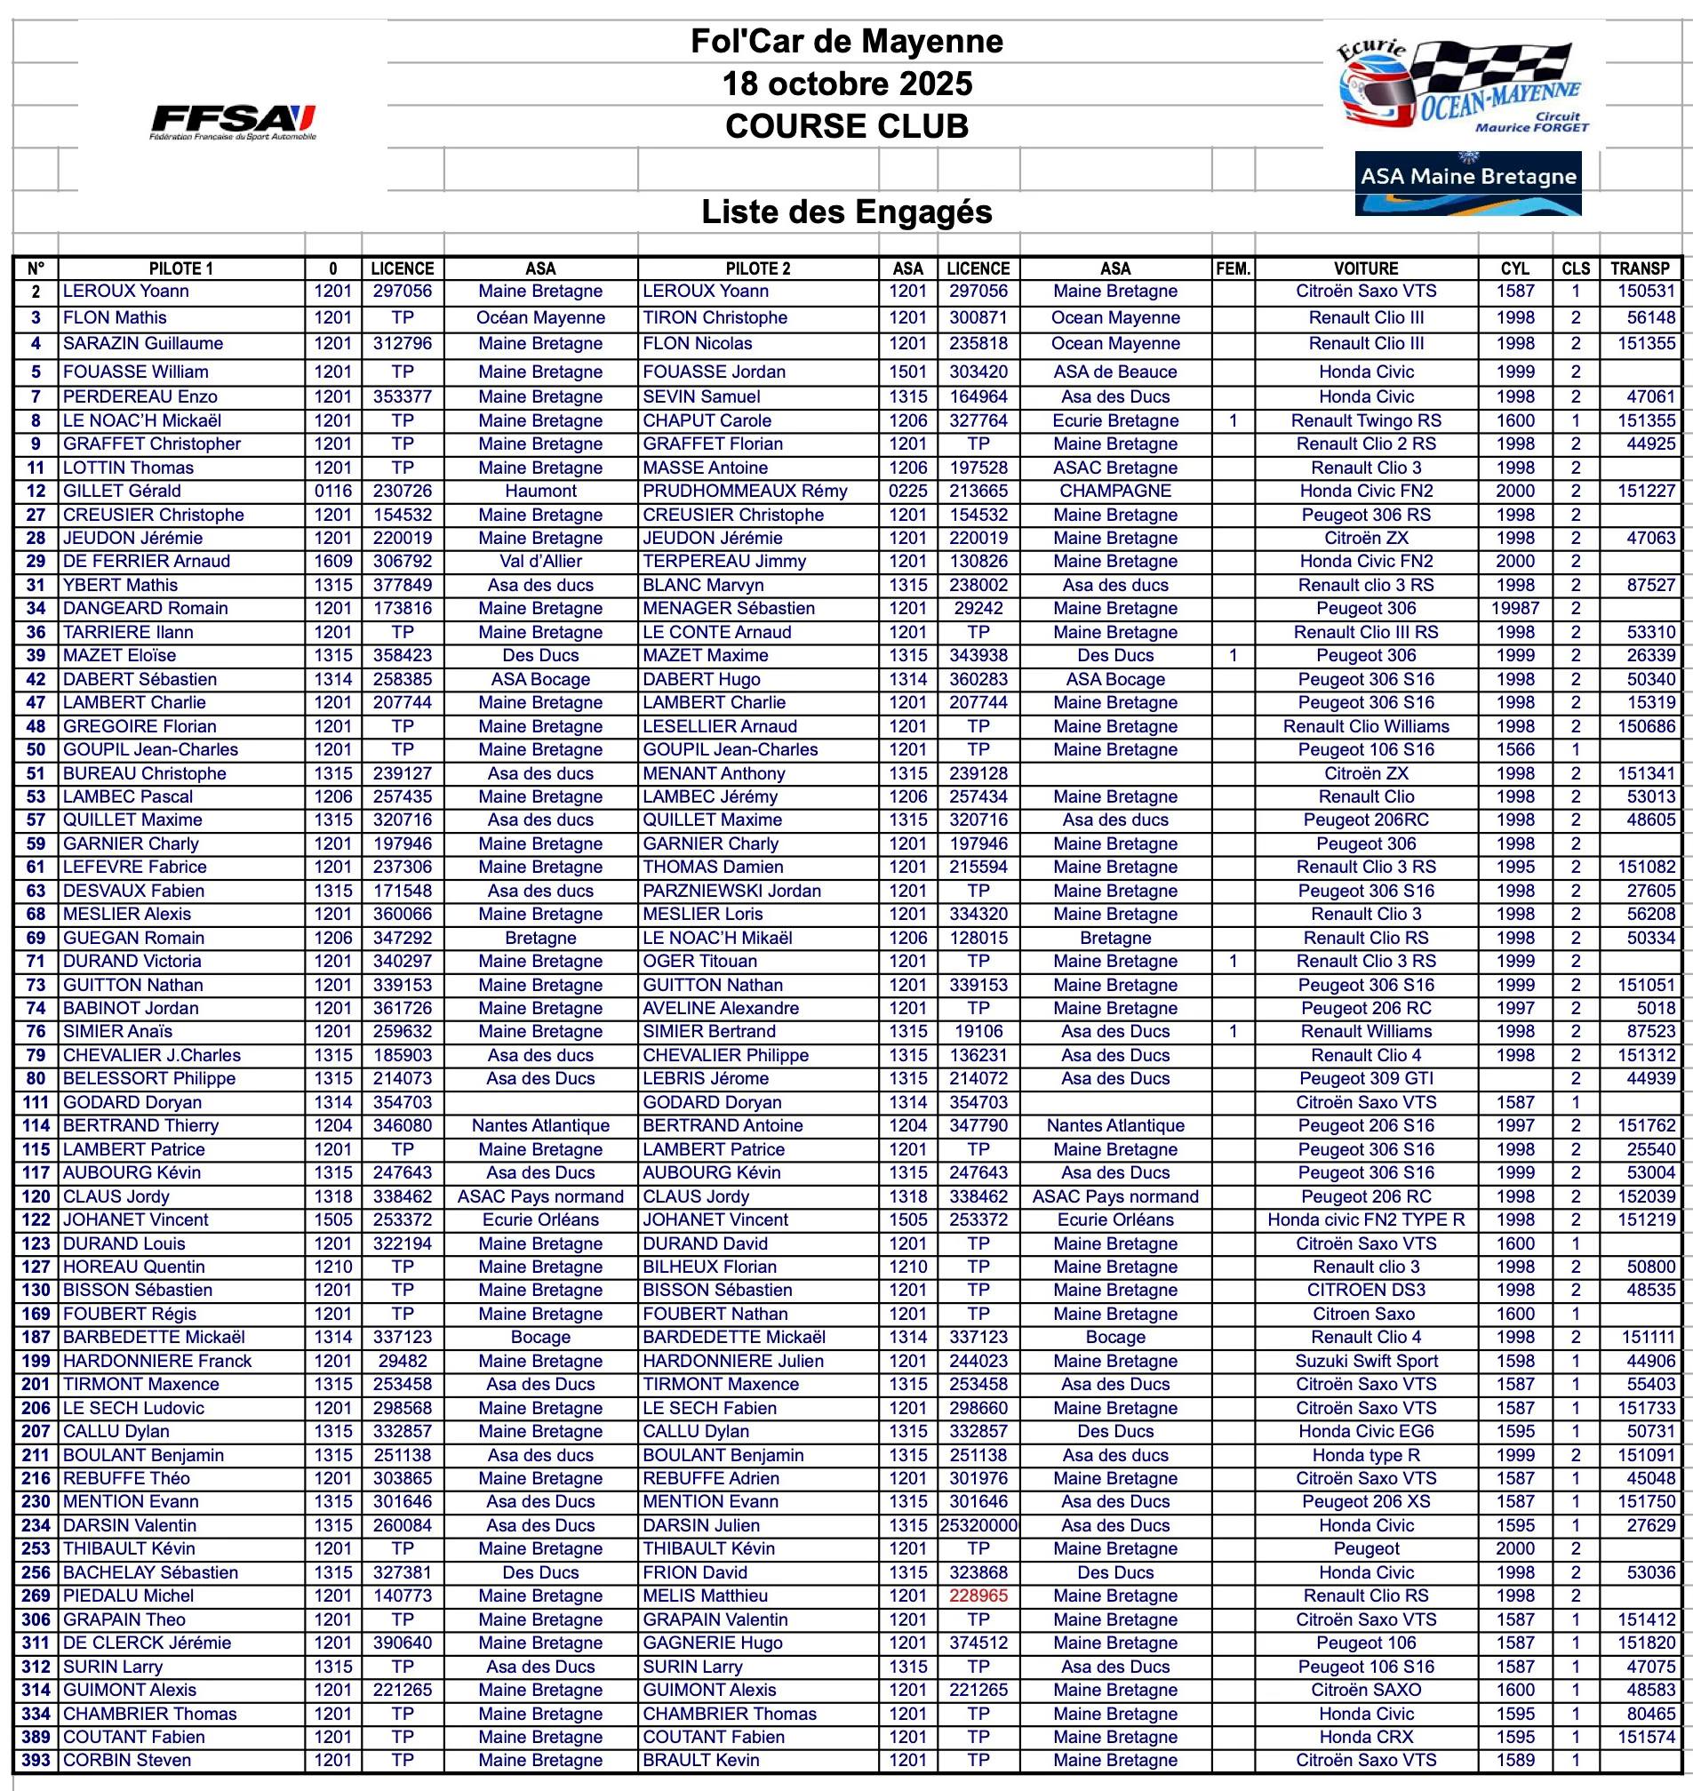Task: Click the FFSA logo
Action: tap(234, 121)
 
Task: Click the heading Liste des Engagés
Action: tap(846, 212)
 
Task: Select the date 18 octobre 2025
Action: tap(846, 84)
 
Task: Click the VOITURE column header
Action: tap(1365, 268)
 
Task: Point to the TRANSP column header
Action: tap(1640, 268)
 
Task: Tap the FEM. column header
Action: tap(1233, 268)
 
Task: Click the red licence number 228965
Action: tap(978, 1595)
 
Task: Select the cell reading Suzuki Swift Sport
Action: tap(1365, 1361)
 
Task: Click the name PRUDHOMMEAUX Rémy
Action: tap(745, 491)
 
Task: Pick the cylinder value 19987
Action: tap(1515, 609)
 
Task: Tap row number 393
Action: tap(36, 1759)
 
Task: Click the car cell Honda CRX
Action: tap(1365, 1736)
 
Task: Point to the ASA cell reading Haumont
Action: tap(539, 491)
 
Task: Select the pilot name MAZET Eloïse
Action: tap(120, 655)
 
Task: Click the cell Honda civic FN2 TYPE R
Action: tap(1365, 1219)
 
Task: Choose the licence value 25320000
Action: tap(979, 1524)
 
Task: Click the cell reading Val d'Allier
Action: tap(539, 561)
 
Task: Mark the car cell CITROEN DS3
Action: tap(1365, 1290)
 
